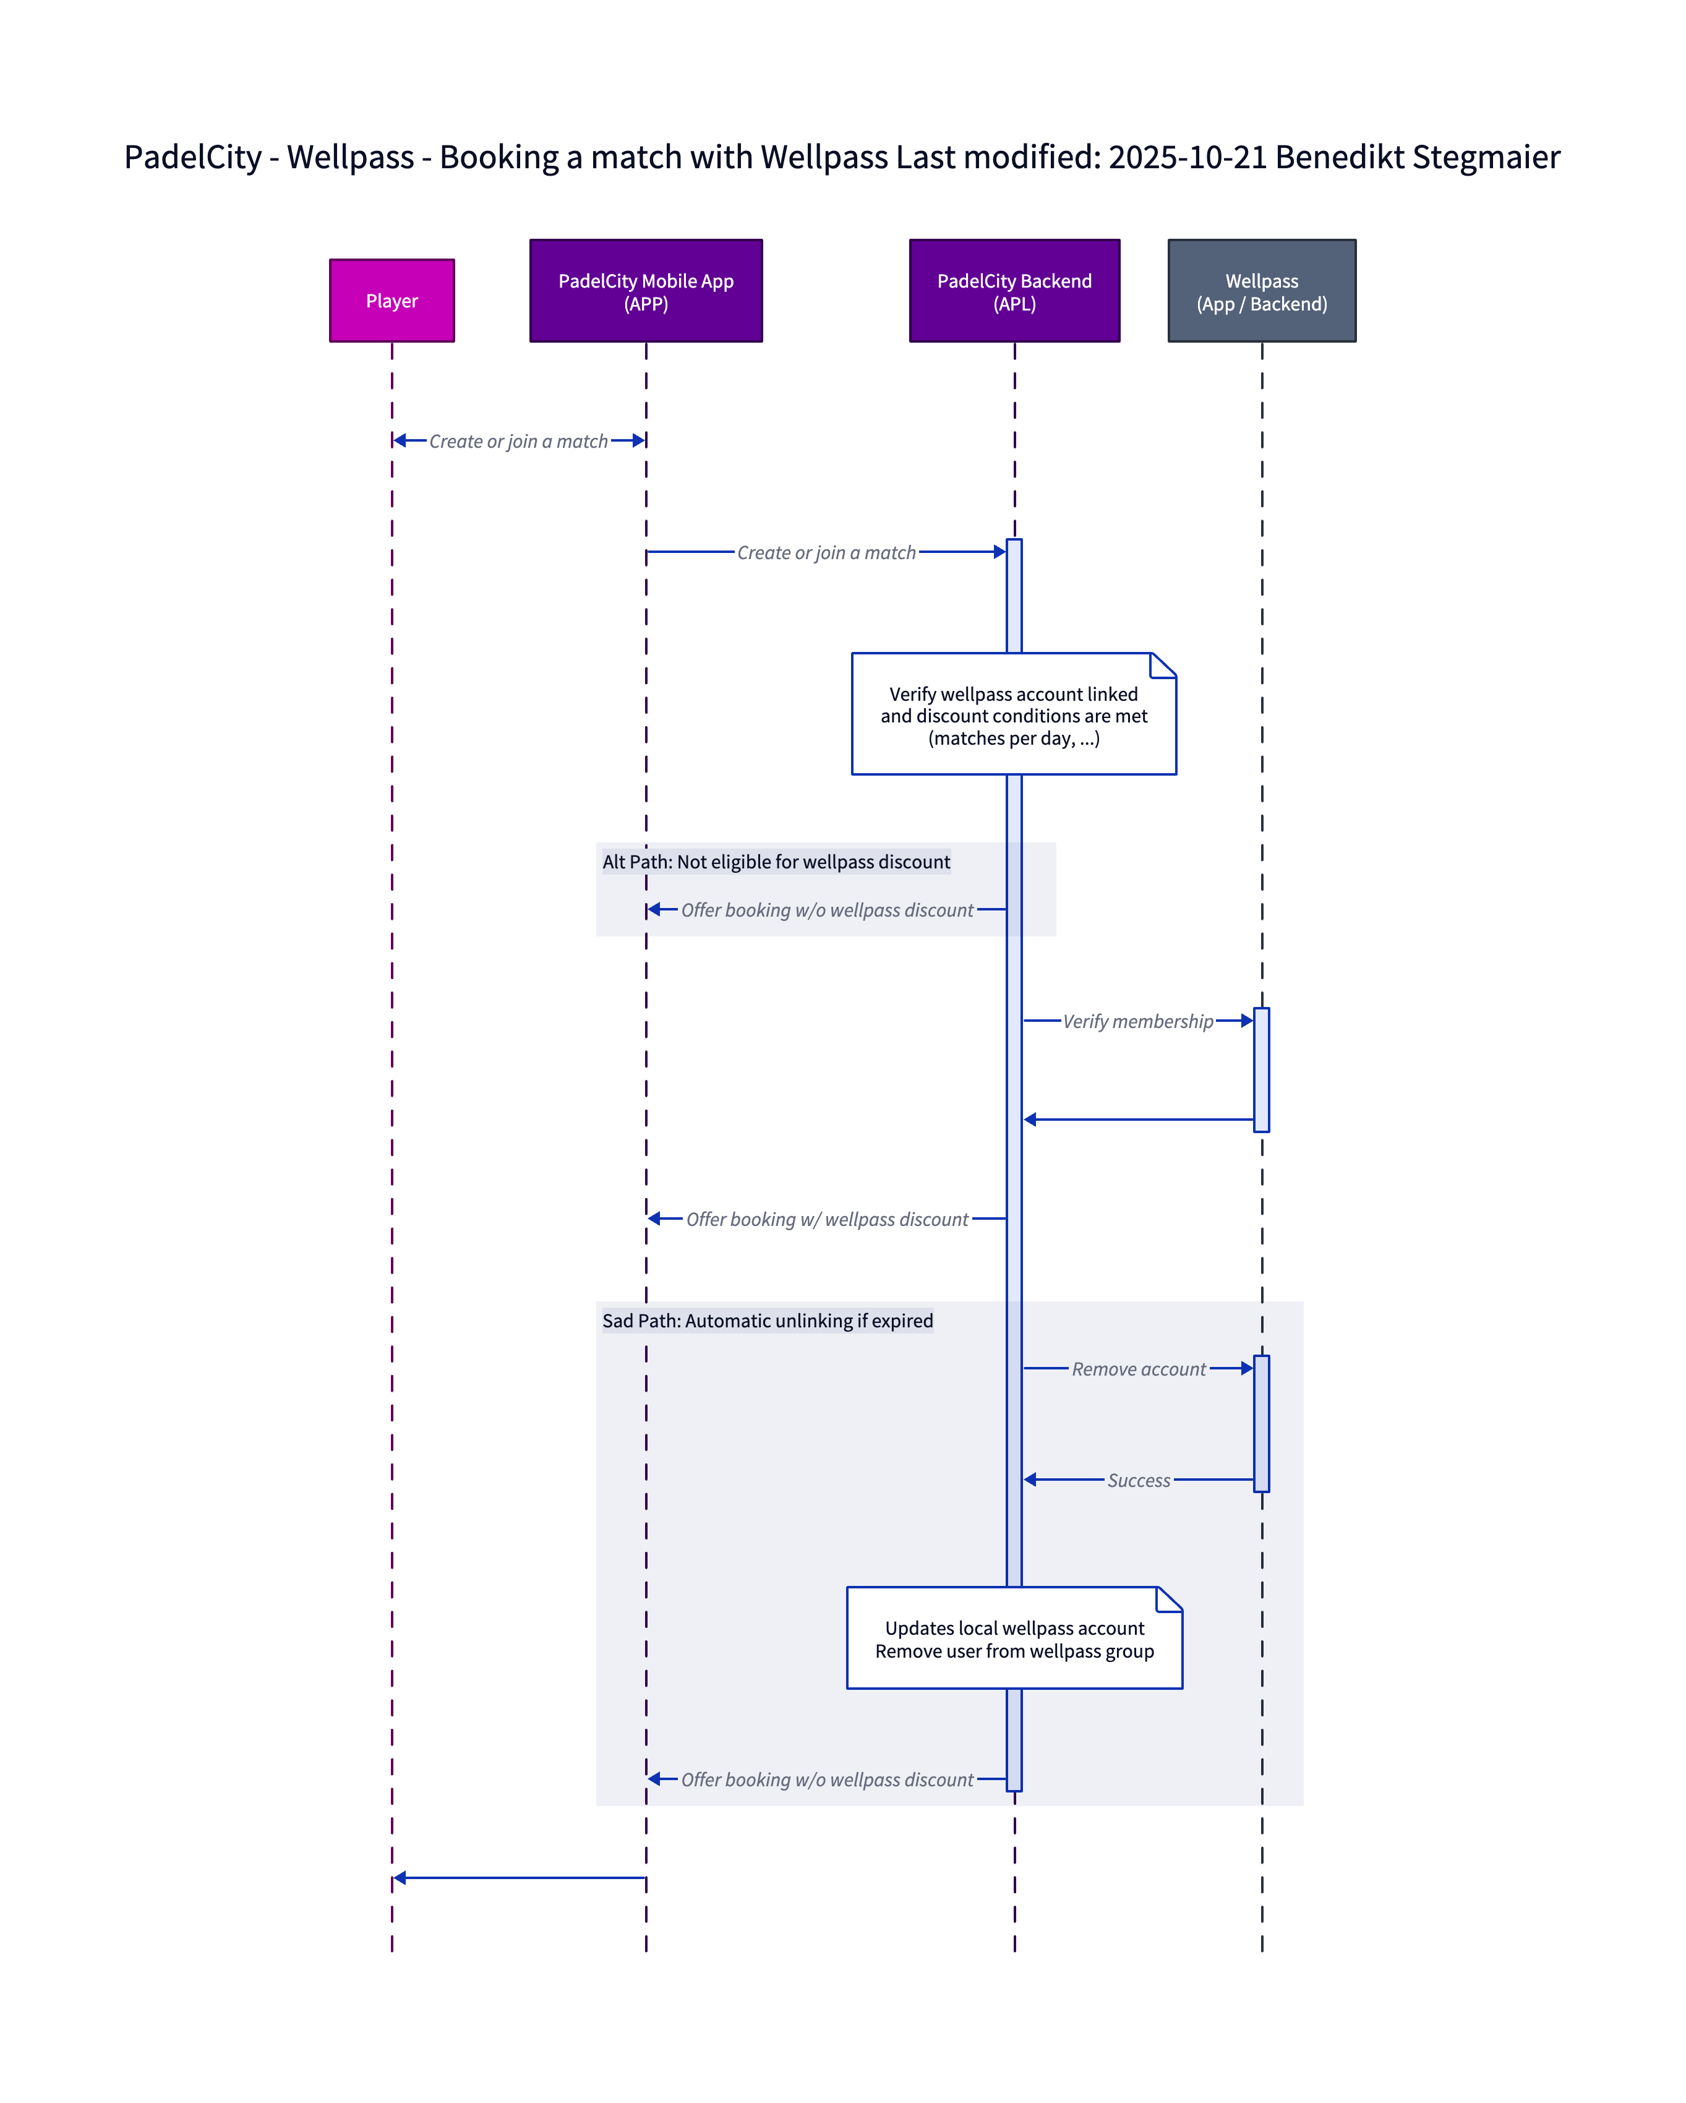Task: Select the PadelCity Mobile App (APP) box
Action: coord(646,291)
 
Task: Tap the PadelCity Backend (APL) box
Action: coord(1014,291)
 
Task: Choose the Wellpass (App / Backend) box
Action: coord(1261,291)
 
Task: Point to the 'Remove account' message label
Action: coord(1138,1369)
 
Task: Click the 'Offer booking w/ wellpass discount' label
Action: coord(827,1219)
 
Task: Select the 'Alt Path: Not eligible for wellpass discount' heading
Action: coord(776,861)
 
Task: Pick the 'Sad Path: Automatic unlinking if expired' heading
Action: coord(768,1321)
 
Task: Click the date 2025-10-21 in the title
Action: coord(1187,157)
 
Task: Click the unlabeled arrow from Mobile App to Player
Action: coord(519,1878)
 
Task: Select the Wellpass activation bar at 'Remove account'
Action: coord(1261,1423)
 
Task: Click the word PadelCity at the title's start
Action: coord(193,157)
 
